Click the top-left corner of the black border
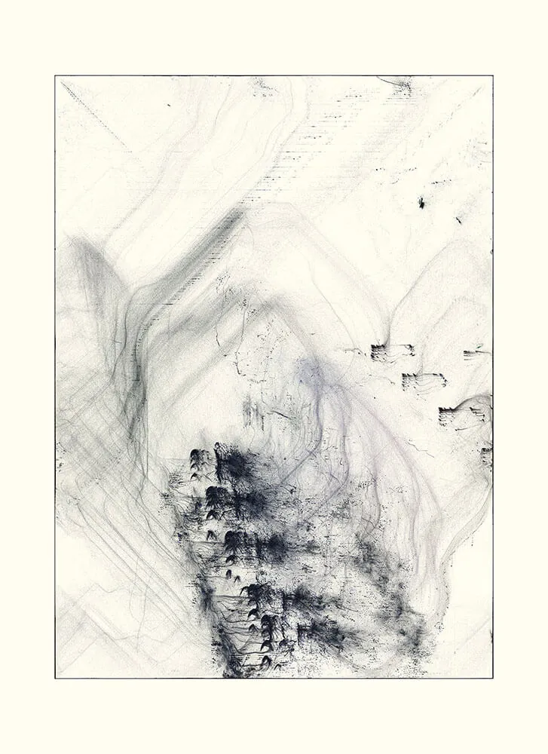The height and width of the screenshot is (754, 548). coord(56,76)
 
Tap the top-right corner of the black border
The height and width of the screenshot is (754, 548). coord(493,76)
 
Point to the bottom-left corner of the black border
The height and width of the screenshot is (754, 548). coord(56,677)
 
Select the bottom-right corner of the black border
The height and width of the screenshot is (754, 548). coord(493,677)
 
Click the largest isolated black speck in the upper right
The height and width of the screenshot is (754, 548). coord(421,202)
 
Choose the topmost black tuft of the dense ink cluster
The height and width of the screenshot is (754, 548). coord(199,457)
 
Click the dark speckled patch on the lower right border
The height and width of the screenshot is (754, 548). coord(486,455)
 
